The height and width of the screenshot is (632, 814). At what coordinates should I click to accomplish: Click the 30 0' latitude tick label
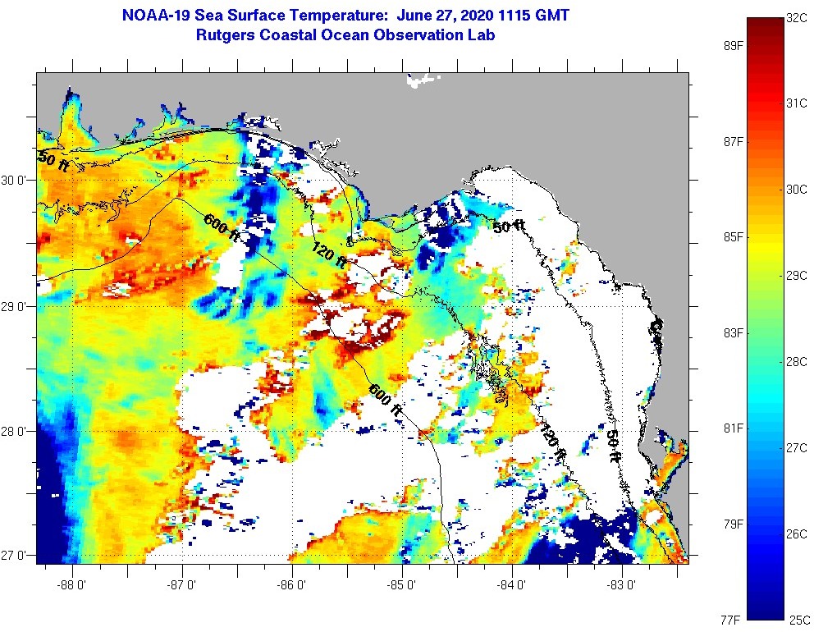coord(16,181)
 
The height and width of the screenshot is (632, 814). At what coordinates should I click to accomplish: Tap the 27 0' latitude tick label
coord(16,556)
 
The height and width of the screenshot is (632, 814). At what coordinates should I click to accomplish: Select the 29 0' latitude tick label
coord(16,306)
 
